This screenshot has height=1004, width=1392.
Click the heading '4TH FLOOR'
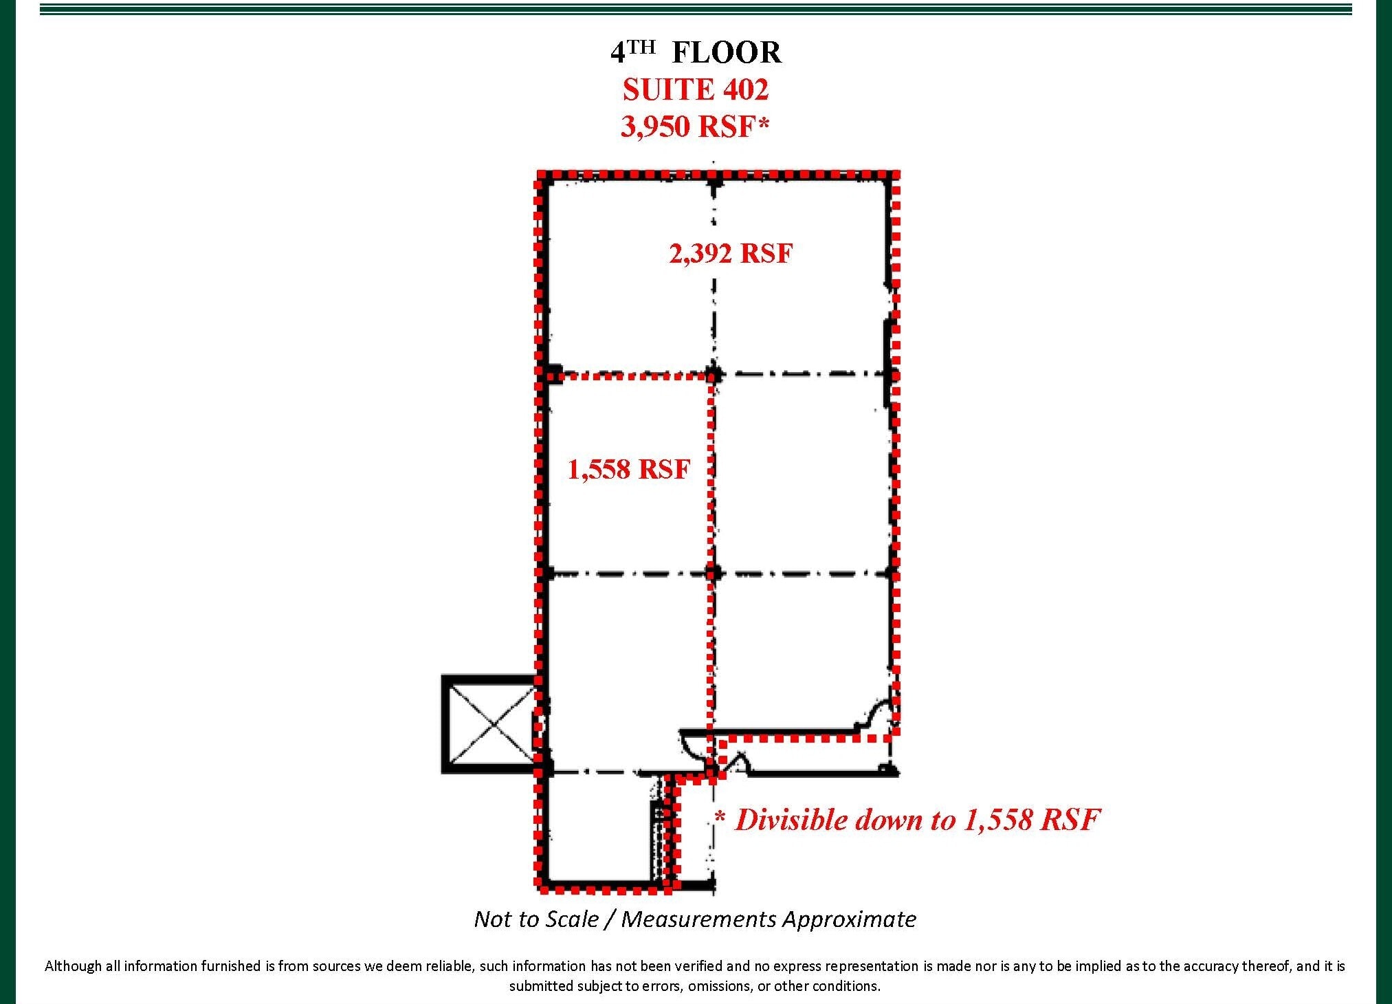tap(696, 53)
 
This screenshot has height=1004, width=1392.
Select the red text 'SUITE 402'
tap(695, 90)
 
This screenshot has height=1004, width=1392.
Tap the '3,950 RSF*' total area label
tap(695, 127)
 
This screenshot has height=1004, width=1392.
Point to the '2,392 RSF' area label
tap(731, 254)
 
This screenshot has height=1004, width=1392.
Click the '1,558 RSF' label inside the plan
tap(628, 470)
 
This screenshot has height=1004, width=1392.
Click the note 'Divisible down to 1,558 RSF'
tap(916, 820)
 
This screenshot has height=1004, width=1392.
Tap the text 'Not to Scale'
tap(536, 919)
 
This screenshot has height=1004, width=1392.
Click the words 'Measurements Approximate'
tap(769, 919)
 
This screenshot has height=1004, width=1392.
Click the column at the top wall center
tap(714, 183)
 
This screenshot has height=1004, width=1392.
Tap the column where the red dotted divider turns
tap(714, 375)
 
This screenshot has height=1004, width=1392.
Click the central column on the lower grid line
tap(714, 573)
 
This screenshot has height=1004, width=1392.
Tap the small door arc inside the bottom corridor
tap(737, 762)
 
